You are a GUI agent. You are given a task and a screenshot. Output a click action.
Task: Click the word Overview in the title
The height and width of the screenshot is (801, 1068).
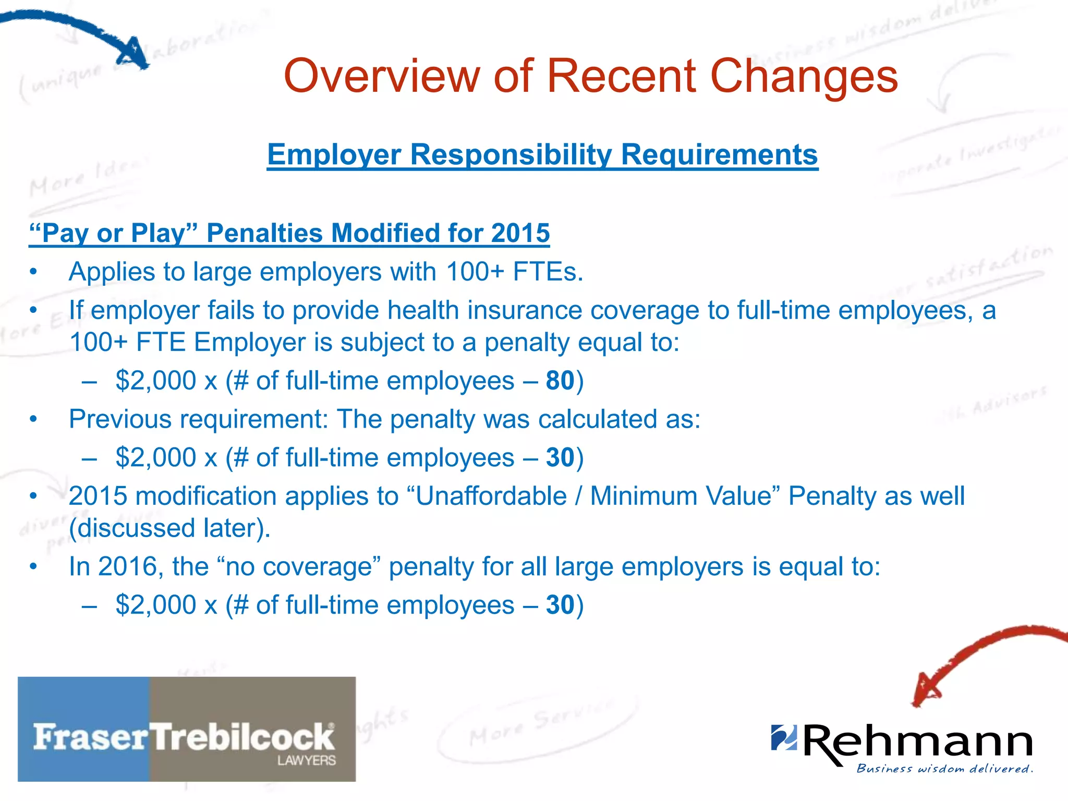pos(381,77)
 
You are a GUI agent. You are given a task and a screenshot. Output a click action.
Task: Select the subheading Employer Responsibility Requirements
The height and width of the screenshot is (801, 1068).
pos(542,155)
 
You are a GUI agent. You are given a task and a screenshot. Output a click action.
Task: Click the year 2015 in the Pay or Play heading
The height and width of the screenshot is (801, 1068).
pos(520,233)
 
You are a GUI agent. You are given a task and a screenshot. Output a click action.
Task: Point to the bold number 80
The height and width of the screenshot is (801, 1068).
pos(560,381)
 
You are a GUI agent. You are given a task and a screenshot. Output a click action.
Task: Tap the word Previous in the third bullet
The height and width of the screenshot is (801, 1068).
pos(120,419)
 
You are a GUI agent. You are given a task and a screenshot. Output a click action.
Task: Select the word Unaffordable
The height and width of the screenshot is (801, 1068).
pos(491,496)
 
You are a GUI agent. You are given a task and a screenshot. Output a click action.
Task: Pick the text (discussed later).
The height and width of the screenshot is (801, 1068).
pos(170,528)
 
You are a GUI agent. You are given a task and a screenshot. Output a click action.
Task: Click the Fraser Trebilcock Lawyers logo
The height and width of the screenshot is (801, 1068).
pos(187,729)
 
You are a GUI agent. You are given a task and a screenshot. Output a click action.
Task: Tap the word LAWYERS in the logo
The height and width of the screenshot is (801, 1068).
pos(306,760)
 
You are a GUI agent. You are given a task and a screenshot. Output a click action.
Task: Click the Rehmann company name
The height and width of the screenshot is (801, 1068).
pos(918,742)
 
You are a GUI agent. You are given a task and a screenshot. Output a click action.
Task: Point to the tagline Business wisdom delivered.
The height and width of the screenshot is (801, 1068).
pos(944,769)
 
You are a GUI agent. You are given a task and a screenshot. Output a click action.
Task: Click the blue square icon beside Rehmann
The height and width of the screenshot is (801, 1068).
pos(784,737)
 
